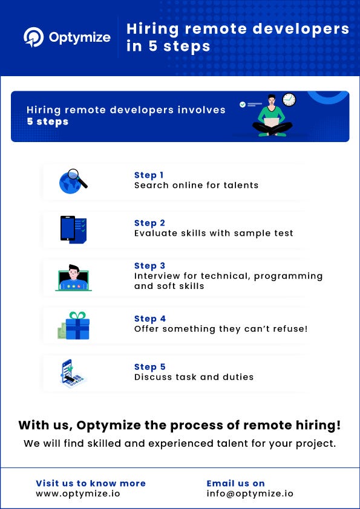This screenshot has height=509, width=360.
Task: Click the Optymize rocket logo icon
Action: [33, 37]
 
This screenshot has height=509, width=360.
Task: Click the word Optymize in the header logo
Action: [79, 37]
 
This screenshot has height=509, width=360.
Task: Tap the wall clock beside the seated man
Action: [289, 100]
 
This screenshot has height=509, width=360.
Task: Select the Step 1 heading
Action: [149, 175]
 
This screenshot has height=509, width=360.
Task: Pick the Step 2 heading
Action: [149, 223]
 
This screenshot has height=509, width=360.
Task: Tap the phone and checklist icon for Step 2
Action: [73, 229]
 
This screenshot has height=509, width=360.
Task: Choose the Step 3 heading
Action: [149, 265]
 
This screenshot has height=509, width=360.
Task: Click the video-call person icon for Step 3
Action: [73, 277]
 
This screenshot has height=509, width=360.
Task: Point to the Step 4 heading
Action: [149, 319]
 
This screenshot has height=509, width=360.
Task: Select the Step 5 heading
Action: [149, 367]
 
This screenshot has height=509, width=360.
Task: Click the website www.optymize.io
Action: [77, 493]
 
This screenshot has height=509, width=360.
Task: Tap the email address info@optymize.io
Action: [250, 493]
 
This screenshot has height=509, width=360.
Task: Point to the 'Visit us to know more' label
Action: [91, 483]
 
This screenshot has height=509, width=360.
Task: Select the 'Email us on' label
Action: [235, 483]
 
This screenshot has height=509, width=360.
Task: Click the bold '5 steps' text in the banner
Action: [47, 122]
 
